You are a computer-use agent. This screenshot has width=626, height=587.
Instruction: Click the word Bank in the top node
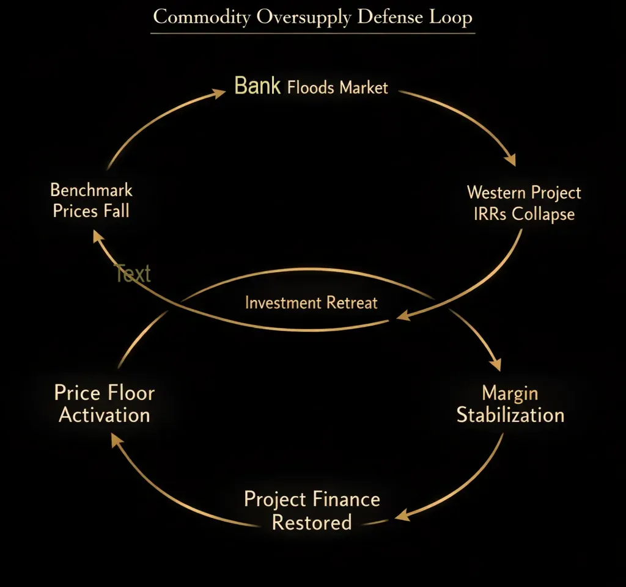tap(257, 86)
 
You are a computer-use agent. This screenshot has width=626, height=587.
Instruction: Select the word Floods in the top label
tap(311, 87)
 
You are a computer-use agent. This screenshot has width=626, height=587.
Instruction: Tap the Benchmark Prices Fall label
tap(91, 200)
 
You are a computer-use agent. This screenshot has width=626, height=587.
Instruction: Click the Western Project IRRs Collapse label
tap(524, 203)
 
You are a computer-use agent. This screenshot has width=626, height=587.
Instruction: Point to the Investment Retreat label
tap(311, 303)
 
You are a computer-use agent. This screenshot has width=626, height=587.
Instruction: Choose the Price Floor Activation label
tap(104, 404)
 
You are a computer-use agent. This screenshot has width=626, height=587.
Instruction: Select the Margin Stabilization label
tap(510, 404)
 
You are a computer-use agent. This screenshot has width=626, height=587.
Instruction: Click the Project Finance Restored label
tap(312, 511)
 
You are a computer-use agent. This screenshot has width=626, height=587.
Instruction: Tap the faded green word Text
tap(133, 274)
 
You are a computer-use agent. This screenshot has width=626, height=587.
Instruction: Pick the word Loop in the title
tap(451, 17)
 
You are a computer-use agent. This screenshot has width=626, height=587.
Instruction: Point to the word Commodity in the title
tap(202, 17)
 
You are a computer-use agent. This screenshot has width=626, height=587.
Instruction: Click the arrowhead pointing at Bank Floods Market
tap(219, 93)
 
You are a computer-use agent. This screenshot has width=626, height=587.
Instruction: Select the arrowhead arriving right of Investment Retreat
tap(403, 315)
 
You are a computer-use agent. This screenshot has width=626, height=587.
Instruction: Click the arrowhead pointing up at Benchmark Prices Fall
tap(98, 236)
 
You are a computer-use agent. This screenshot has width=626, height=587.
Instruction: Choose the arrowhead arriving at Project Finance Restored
tap(402, 515)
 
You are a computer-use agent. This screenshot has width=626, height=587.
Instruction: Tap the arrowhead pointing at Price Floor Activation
tap(117, 440)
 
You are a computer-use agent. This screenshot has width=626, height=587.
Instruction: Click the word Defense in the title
tap(390, 17)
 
